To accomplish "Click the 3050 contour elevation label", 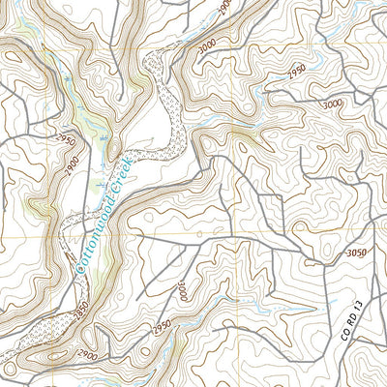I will pos(356,253).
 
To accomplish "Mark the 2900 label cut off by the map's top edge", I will pos(224,6).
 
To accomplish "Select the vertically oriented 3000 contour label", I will pos(182,289).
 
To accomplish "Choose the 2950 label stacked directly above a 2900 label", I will pos(65,140).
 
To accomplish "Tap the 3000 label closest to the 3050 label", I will pos(333,103).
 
